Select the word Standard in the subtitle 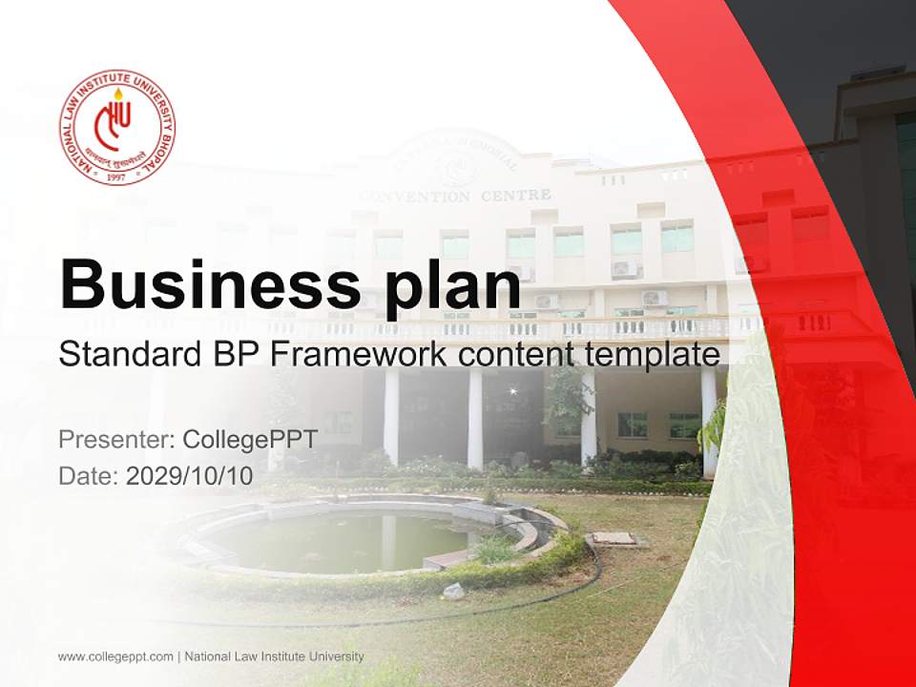[127, 356]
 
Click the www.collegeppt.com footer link [115, 656]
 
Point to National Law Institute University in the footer [274, 656]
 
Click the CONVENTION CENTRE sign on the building [455, 196]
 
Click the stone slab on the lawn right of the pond [614, 539]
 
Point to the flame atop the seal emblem [118, 94]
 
